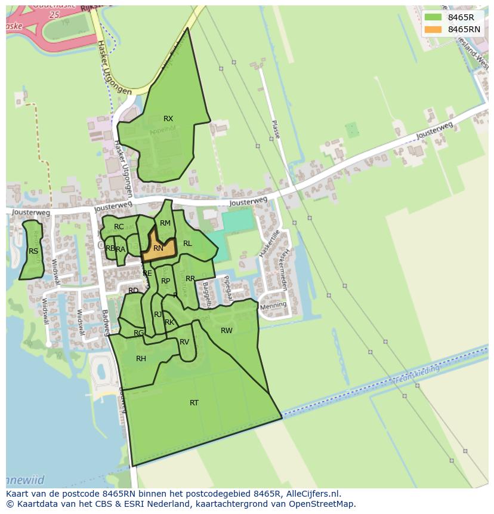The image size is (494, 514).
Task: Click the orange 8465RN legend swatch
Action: [x=434, y=29]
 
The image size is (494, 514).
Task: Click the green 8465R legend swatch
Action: [x=434, y=17]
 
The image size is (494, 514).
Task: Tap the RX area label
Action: [x=168, y=119]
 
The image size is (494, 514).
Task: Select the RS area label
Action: [x=33, y=251]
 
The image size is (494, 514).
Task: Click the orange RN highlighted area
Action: [x=159, y=248]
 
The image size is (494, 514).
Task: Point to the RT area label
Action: [x=194, y=403]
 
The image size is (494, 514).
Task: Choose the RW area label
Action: [x=227, y=331]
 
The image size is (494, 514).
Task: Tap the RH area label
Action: [x=141, y=359]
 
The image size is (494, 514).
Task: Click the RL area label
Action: [x=187, y=244]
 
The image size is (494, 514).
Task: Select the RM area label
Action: [x=165, y=223]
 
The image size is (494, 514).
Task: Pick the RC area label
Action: [x=119, y=227]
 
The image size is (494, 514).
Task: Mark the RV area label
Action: [x=184, y=342]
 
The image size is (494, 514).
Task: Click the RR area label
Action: [x=190, y=279]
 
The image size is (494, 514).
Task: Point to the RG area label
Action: [x=138, y=333]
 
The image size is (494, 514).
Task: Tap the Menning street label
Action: [x=274, y=306]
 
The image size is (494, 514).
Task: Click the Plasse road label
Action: [x=275, y=129]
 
